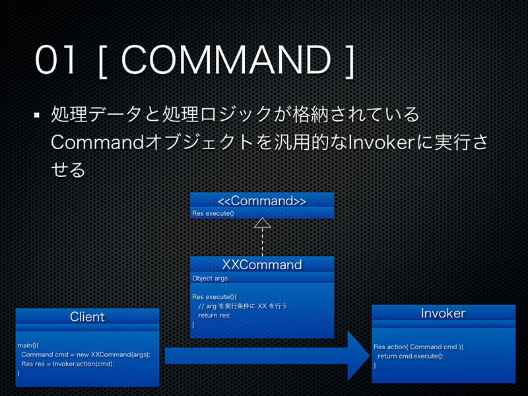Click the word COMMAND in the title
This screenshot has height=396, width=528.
point(226,61)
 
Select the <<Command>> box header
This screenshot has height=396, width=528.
point(262,200)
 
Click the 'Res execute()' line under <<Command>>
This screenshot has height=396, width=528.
point(213,213)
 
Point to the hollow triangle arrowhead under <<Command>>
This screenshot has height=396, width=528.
point(262,222)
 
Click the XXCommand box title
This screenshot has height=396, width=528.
point(262,265)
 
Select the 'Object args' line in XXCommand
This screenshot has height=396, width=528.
point(210,279)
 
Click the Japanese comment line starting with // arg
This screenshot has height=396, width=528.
point(244,306)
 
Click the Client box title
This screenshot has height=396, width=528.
point(87,317)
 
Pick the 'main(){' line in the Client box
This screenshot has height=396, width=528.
point(28,345)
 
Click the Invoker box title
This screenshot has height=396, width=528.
point(443,313)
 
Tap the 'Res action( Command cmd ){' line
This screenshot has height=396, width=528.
point(418,346)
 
